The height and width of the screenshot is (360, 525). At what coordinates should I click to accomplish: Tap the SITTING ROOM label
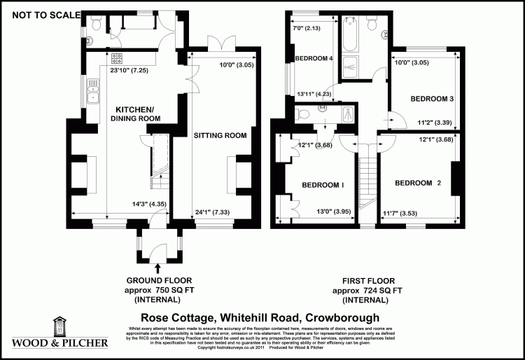[220, 135]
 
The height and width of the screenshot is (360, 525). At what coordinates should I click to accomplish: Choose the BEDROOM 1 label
[323, 185]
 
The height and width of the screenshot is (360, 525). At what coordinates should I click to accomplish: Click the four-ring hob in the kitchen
[116, 59]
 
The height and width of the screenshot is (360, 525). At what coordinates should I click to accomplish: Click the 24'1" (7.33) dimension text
[212, 211]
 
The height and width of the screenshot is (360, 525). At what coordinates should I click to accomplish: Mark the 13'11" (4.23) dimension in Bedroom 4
[314, 94]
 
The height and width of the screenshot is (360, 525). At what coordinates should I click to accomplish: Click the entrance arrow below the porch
[157, 267]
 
